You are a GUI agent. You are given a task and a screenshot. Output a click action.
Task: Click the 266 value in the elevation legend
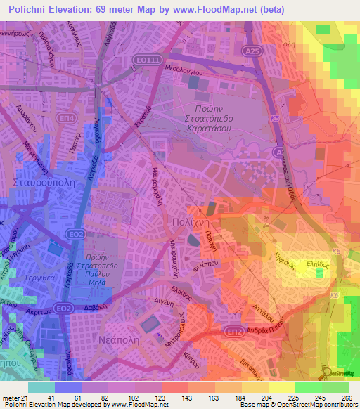tap(347, 397)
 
